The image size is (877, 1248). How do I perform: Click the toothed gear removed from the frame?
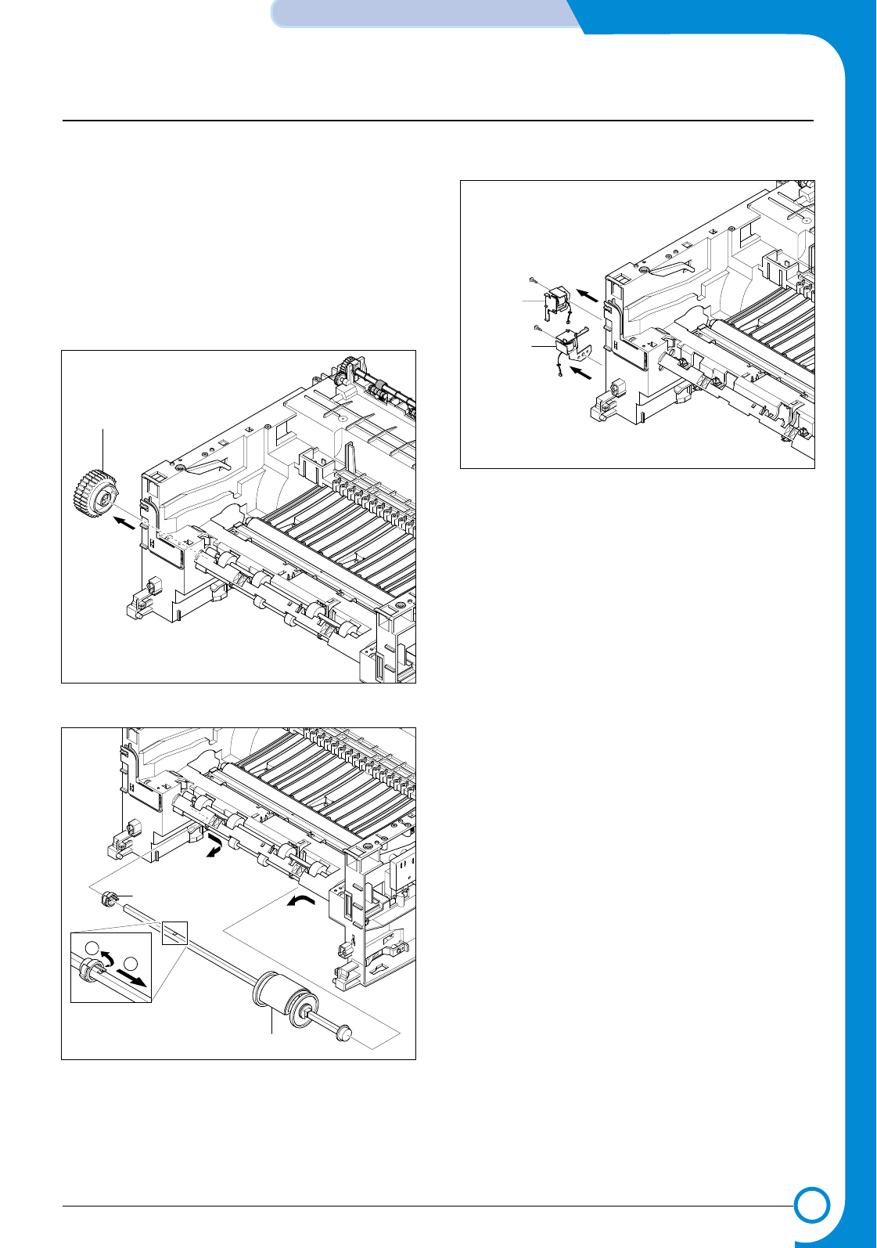point(93,490)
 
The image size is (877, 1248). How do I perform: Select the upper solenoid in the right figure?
point(556,301)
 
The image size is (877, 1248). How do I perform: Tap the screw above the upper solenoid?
point(531,279)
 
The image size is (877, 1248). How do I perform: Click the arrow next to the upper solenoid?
point(588,295)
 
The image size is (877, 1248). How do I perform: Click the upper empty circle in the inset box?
point(92,946)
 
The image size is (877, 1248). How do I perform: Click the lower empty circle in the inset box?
point(131,965)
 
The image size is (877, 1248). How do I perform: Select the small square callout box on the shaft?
point(174,932)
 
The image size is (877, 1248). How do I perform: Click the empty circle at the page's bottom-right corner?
point(811,1205)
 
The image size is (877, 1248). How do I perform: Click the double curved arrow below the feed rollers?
point(213,847)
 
